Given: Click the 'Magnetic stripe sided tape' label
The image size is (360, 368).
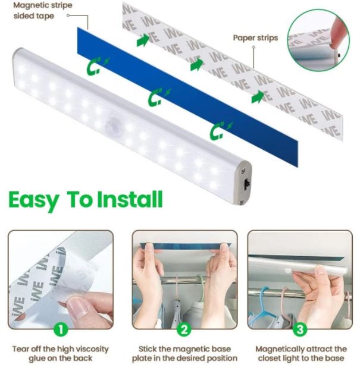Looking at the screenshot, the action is click(x=43, y=11).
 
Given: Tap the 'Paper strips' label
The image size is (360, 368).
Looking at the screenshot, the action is click(x=255, y=38).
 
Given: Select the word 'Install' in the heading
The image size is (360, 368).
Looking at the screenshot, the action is click(x=130, y=199).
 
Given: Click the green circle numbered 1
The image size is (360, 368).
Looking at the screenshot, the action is click(x=61, y=329).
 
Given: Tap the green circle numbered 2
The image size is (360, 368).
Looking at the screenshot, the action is click(x=184, y=329).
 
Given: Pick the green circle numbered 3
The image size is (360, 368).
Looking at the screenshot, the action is click(x=300, y=329).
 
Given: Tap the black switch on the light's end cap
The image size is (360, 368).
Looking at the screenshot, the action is click(x=246, y=184).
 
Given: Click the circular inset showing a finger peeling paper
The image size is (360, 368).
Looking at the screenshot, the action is click(x=318, y=40).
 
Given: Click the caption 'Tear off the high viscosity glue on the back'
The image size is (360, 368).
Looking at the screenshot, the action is click(x=60, y=354).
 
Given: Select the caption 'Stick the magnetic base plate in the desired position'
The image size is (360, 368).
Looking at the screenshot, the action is click(x=184, y=354).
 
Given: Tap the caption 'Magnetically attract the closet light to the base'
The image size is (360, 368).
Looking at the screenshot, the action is click(x=301, y=354).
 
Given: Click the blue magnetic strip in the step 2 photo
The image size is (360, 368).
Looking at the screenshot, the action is click(x=186, y=246).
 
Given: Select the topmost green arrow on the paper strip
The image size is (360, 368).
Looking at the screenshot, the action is click(x=143, y=40).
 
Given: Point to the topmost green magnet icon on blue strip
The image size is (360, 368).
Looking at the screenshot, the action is click(x=97, y=66).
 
